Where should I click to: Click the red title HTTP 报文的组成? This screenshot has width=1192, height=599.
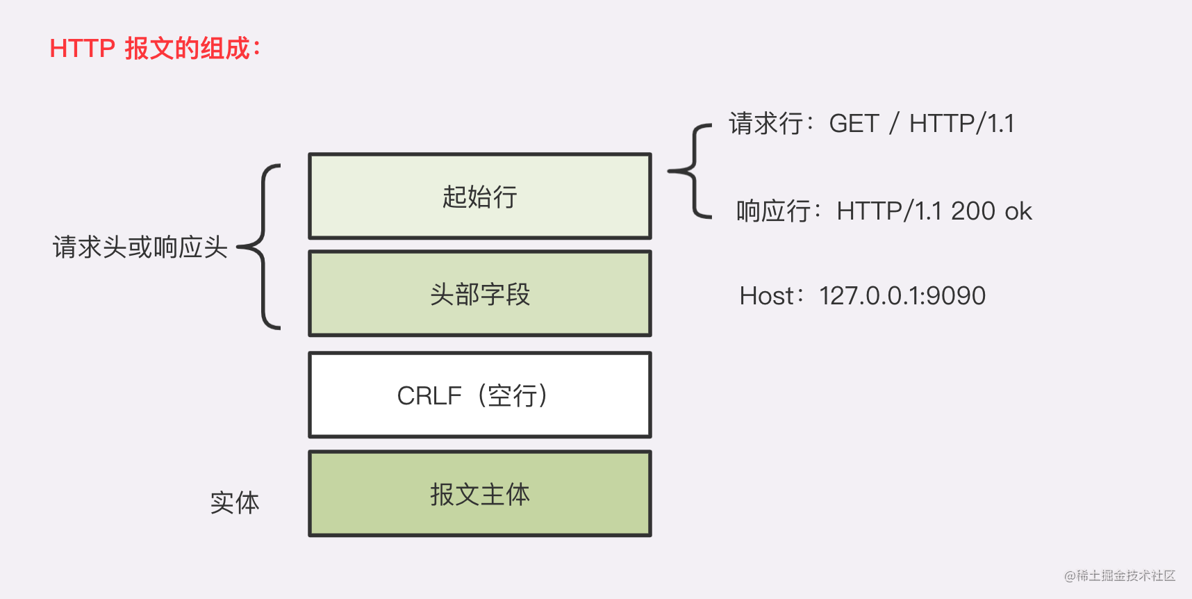154,49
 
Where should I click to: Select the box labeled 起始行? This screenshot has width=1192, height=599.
479,196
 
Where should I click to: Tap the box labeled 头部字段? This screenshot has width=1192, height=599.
479,294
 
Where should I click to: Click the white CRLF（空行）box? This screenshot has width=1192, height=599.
479,395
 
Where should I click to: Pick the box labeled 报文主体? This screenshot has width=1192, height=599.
479,494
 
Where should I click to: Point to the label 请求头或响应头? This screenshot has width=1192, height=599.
140,247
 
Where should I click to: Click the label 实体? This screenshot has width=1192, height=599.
234,502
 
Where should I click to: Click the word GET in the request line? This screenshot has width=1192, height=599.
854,124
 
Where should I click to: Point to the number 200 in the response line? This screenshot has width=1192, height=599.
973,211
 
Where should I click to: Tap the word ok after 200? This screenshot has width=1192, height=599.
1018,211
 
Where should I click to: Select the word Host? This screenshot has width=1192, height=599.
766,296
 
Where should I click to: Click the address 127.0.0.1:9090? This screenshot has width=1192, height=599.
902,296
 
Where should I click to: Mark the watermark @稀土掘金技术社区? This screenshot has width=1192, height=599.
1119,575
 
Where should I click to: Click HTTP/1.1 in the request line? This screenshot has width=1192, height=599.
961,124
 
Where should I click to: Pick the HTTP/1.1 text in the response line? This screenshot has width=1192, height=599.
889,211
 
